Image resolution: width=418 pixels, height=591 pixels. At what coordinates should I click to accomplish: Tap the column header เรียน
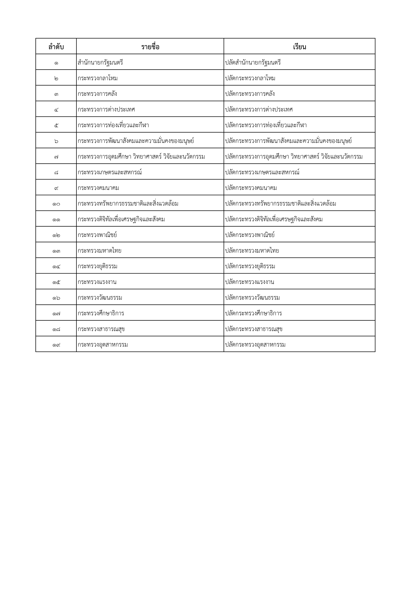(x=299, y=47)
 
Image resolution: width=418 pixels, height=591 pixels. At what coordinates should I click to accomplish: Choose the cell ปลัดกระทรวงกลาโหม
(x=250, y=78)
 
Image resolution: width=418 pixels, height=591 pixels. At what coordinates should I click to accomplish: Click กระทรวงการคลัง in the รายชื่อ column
(x=97, y=94)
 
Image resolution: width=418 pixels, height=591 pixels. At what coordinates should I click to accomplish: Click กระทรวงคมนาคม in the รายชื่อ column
(x=98, y=188)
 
